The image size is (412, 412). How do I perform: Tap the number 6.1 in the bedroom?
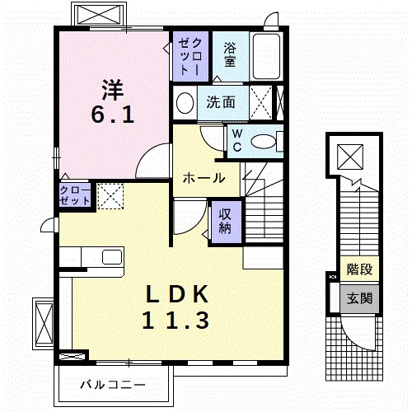pyautogui.click(x=113, y=115)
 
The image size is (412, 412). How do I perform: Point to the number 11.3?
pyautogui.click(x=177, y=321)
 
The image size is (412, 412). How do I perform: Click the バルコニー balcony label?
pyautogui.click(x=113, y=385)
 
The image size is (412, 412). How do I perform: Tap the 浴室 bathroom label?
pyautogui.click(x=230, y=54)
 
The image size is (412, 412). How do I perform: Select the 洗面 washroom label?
pyautogui.click(x=221, y=103)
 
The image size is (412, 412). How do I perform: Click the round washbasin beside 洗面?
pyautogui.click(x=185, y=104)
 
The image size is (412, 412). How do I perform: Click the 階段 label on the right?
pyautogui.click(x=358, y=269)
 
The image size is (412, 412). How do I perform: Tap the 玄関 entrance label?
pyautogui.click(x=358, y=297)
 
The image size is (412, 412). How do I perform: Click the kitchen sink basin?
pyautogui.click(x=111, y=256)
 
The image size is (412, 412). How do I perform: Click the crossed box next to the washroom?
pyautogui.click(x=265, y=104)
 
